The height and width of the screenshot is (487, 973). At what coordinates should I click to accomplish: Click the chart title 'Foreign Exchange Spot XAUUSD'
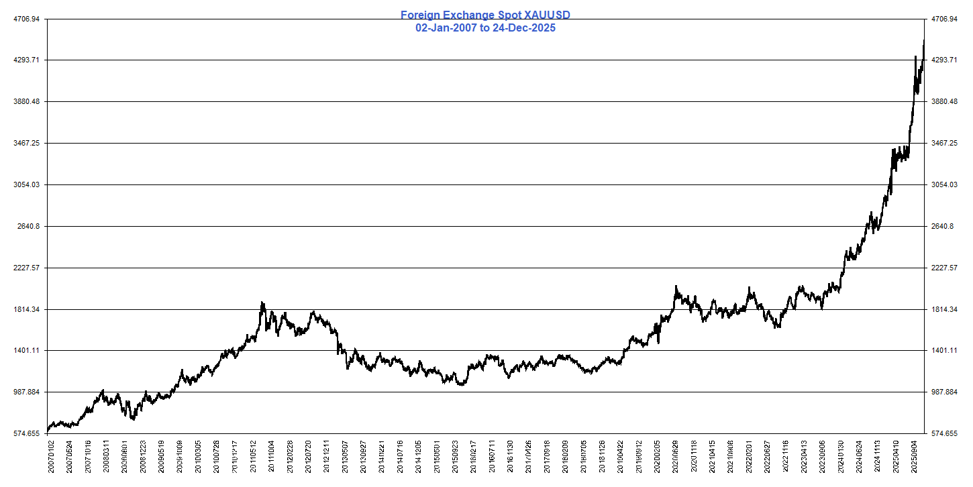click(485, 15)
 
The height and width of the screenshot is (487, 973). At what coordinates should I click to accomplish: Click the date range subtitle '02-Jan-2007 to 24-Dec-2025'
click(485, 28)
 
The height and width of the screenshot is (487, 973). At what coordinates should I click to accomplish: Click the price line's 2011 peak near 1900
click(262, 303)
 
